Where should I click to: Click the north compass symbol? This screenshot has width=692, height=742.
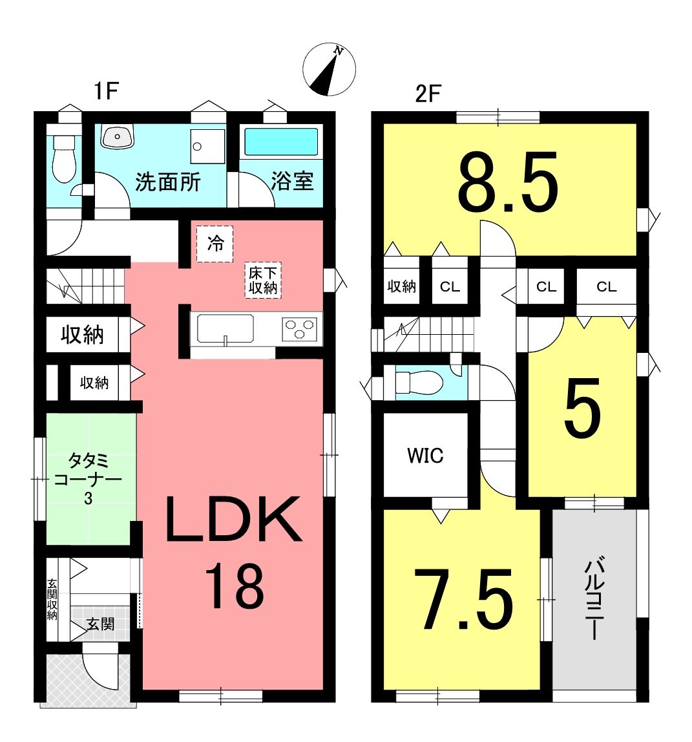click(x=329, y=69)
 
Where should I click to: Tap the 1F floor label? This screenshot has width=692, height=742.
click(x=106, y=90)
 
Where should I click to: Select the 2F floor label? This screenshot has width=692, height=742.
click(x=428, y=94)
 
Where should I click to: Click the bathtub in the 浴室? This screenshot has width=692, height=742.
click(x=281, y=142)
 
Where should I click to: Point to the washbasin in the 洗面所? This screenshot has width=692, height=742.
click(x=118, y=136)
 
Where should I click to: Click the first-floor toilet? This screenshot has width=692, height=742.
click(x=63, y=158)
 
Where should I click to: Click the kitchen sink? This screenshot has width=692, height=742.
click(x=225, y=328)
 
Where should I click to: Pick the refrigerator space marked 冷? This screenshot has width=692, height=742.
click(x=215, y=244)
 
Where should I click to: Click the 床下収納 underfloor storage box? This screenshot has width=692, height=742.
click(x=262, y=280)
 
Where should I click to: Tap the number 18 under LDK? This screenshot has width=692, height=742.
click(x=234, y=586)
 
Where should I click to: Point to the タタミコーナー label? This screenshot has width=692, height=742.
click(x=88, y=478)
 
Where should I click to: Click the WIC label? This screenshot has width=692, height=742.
click(x=425, y=455)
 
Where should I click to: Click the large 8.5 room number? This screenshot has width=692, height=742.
click(x=508, y=182)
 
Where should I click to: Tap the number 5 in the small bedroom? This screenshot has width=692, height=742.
click(x=582, y=407)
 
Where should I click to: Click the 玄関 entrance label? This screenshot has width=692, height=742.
click(x=100, y=624)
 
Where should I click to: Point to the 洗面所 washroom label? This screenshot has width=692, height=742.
click(x=168, y=182)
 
